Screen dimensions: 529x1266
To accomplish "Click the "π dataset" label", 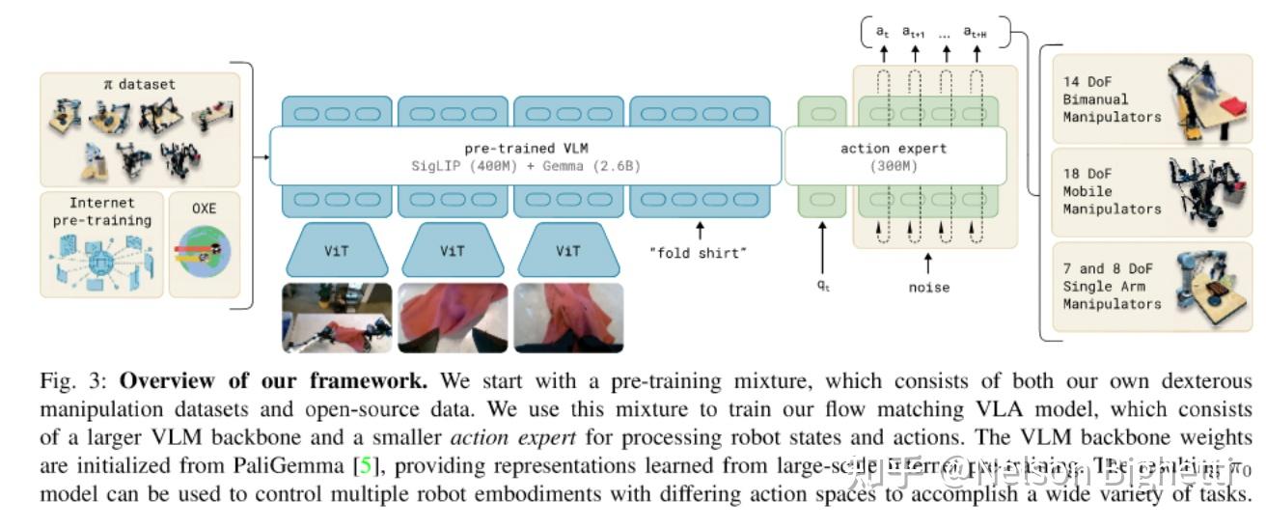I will (x=139, y=84).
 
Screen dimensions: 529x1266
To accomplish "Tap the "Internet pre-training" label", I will (x=102, y=211).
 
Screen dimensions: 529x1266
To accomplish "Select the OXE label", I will (x=203, y=209).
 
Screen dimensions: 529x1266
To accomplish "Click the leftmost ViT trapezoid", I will (x=337, y=251).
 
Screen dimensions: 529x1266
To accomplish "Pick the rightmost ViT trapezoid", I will (x=568, y=251).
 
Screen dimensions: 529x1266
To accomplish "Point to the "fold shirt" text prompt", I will (x=700, y=254).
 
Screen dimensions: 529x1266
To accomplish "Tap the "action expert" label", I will (x=894, y=149).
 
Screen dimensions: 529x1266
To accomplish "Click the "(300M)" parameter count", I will (x=894, y=166).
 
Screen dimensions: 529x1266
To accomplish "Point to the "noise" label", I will (x=928, y=287).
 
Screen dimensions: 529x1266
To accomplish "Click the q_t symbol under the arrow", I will (x=822, y=287).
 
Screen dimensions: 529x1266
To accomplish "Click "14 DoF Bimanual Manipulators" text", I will (x=1112, y=99).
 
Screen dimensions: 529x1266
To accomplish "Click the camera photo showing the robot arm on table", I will (x=337, y=318).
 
